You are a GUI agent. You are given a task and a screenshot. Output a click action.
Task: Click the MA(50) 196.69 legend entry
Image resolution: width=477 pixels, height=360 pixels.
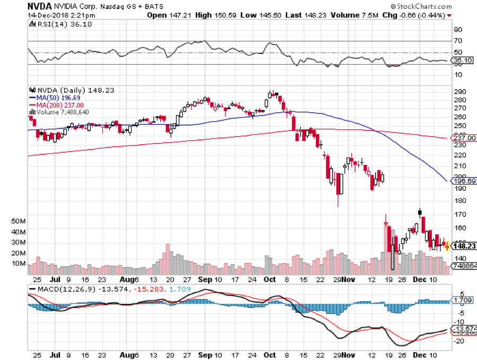point(54,98)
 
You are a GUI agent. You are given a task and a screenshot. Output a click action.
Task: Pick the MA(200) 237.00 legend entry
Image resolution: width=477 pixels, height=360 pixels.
point(56,104)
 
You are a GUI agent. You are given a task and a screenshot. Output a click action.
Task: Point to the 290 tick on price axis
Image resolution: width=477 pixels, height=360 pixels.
point(456,92)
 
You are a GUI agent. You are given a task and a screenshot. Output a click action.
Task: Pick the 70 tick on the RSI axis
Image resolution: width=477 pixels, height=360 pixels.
point(456,41)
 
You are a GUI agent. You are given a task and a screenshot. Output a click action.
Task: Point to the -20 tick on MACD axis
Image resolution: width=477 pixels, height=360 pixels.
point(457,341)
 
